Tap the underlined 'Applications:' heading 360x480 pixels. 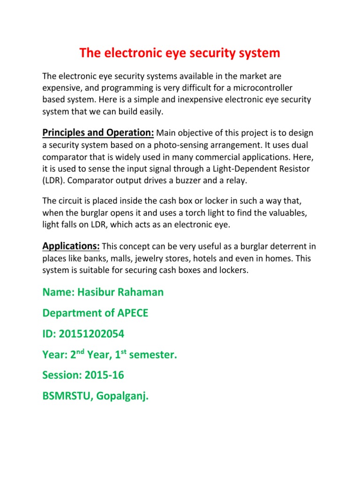71,246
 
